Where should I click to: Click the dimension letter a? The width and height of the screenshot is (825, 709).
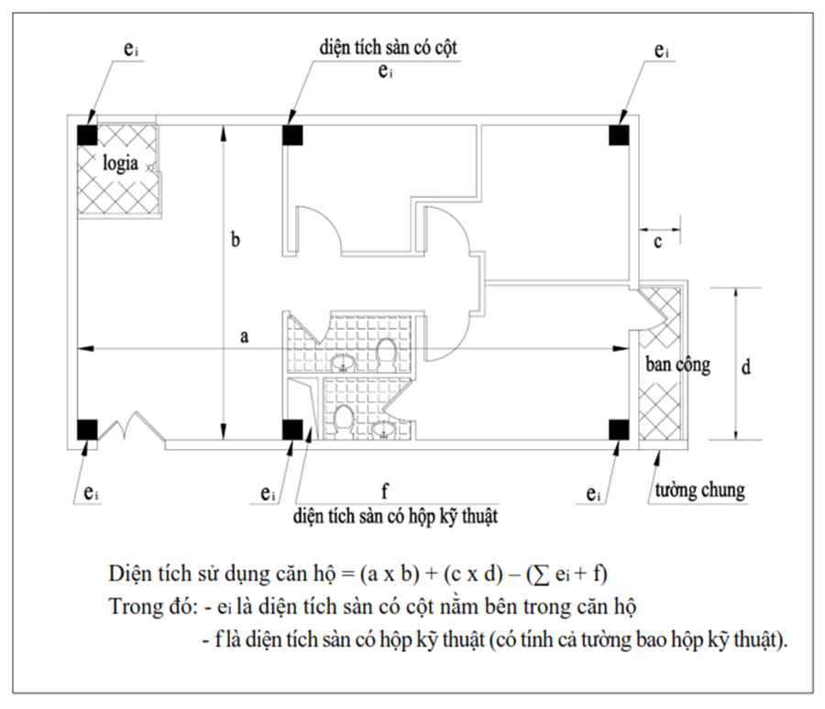[x=244, y=337]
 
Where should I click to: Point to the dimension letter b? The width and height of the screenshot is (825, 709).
[x=236, y=240]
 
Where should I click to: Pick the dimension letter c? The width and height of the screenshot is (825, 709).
[x=657, y=242]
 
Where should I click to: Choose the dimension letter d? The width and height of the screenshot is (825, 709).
[x=746, y=366]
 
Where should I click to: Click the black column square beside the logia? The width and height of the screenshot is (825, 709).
[x=87, y=134]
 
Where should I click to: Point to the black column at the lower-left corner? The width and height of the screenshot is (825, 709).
[x=87, y=429]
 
